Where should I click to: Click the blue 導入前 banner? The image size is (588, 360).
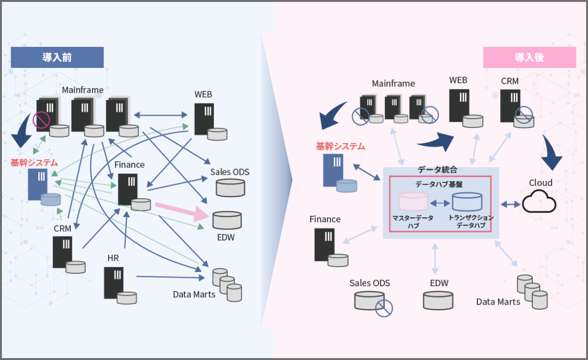click(57, 57)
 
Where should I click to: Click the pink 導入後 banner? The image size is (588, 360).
click(529, 57)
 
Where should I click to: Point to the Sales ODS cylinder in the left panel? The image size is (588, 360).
click(230, 188)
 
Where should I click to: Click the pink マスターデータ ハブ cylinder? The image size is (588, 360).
click(413, 202)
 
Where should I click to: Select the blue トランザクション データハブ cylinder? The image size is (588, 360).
click(467, 202)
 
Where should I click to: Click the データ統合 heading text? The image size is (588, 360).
click(438, 169)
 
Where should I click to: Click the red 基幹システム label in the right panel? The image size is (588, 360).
click(340, 146)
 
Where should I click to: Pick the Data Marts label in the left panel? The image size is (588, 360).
click(194, 294)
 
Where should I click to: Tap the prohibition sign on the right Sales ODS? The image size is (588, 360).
click(384, 308)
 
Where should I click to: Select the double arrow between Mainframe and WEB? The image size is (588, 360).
click(160, 115)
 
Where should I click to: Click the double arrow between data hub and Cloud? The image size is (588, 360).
click(510, 204)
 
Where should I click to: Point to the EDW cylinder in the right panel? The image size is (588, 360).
click(438, 300)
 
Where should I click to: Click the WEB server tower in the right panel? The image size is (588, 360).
click(459, 105)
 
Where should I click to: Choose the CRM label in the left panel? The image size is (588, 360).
click(62, 228)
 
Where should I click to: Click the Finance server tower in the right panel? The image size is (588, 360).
click(324, 244)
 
